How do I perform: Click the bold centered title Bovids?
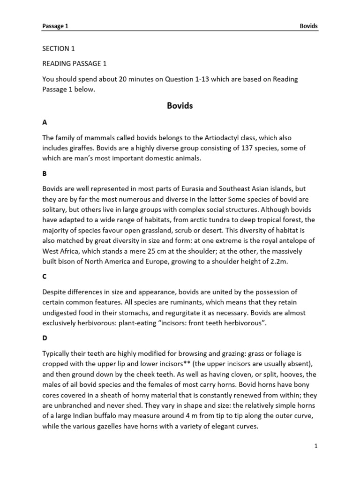coord(180,106)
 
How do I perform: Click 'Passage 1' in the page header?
coord(55,27)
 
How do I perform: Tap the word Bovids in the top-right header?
coord(308,27)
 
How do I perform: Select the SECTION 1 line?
coord(59,48)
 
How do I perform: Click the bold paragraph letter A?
coord(45,122)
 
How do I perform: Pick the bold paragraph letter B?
coord(45,173)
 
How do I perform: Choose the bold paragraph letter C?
coord(45,277)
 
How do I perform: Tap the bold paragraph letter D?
coord(45,337)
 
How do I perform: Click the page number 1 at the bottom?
coord(316,446)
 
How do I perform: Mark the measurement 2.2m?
coord(277,262)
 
